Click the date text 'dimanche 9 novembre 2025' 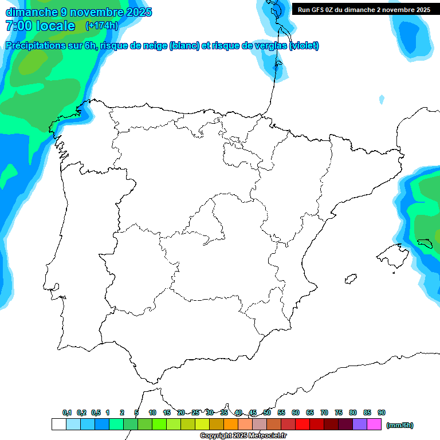[x=78, y=12]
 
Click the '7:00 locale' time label [x=40, y=26]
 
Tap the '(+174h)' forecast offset [x=101, y=26]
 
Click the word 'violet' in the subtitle [x=304, y=46]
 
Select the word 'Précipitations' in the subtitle [x=36, y=46]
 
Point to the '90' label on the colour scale [x=382, y=412]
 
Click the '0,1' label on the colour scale [x=67, y=412]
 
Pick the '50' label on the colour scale [x=267, y=412]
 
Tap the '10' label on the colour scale [x=152, y=412]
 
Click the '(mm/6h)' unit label [x=400, y=425]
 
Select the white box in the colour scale [x=58, y=425]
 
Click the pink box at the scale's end [x=374, y=425]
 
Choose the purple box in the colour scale [x=360, y=425]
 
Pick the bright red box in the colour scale [x=302, y=425]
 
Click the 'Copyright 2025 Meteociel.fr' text [x=243, y=436]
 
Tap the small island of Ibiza [x=351, y=280]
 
